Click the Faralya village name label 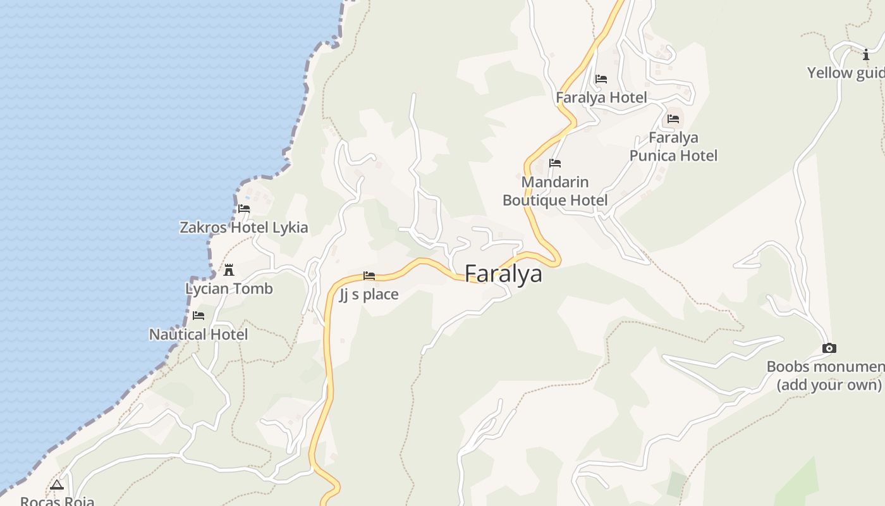click(x=503, y=274)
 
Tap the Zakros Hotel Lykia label click(x=244, y=228)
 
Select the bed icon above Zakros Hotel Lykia click(x=244, y=209)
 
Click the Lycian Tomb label click(x=229, y=289)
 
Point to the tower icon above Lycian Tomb click(x=229, y=270)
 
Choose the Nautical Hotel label click(x=198, y=335)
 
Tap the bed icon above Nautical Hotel click(x=198, y=316)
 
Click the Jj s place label click(x=369, y=294)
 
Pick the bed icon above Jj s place click(x=369, y=276)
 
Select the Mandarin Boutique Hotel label click(x=555, y=191)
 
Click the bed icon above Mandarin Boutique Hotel click(x=555, y=163)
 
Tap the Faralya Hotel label click(x=601, y=97)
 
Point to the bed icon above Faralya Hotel click(x=601, y=79)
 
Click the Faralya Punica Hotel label click(x=673, y=147)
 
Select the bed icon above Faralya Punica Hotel click(x=673, y=119)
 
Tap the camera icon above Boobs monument click(x=829, y=348)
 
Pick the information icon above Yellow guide click(x=866, y=55)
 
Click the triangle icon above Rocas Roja click(x=57, y=485)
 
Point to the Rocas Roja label click(x=57, y=501)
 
